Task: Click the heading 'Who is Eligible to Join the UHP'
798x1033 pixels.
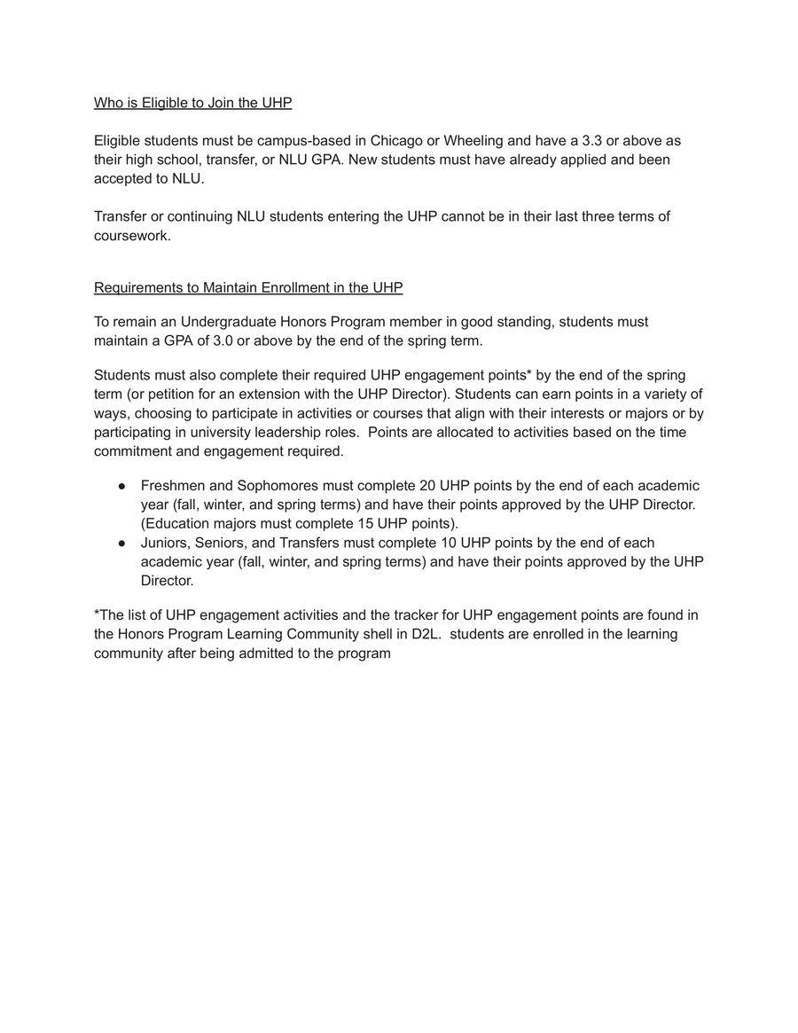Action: pyautogui.click(x=192, y=103)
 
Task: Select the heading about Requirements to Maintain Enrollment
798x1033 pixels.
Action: pyautogui.click(x=248, y=287)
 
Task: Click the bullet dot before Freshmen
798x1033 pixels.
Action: pyautogui.click(x=121, y=486)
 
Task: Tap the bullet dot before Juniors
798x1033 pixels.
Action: pyautogui.click(x=121, y=543)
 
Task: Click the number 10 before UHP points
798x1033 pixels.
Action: pyautogui.click(x=448, y=543)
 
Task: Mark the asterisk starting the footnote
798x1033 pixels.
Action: pyautogui.click(x=97, y=614)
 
